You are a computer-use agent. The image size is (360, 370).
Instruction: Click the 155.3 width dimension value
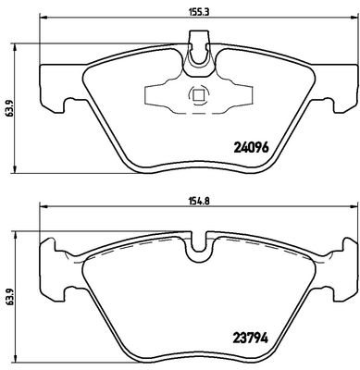(x=194, y=12)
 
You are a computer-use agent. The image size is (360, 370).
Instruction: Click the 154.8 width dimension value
(x=194, y=201)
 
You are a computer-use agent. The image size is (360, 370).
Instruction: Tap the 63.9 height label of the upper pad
(x=7, y=107)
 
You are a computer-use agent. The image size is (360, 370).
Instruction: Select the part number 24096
(x=252, y=148)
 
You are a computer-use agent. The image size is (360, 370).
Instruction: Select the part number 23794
(x=251, y=338)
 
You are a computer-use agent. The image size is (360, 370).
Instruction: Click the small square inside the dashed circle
(x=197, y=94)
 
